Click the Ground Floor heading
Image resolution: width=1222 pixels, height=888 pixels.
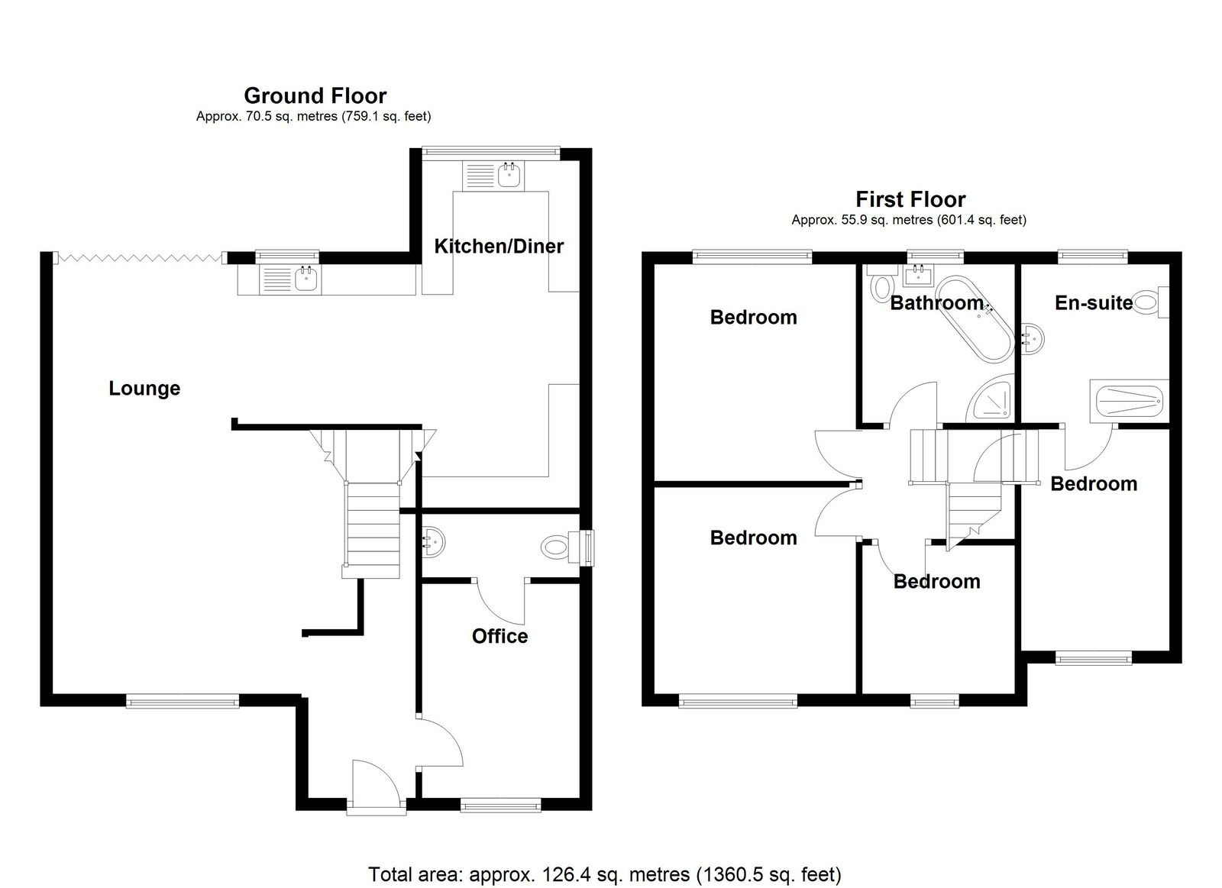pos(315,96)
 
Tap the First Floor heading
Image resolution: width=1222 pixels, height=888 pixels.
pos(910,199)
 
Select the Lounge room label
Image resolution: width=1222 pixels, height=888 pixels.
pos(144,389)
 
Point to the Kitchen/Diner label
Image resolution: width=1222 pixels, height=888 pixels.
pos(499,247)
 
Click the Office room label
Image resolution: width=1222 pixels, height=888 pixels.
pos(499,637)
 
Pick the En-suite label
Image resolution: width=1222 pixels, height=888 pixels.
pos(1093,302)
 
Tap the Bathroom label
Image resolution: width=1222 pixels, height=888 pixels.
pos(936,302)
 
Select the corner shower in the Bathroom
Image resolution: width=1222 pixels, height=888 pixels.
pos(990,399)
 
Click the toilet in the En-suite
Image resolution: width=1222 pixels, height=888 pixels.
pos(1152,302)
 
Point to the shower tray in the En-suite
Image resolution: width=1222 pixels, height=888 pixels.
pos(1129,401)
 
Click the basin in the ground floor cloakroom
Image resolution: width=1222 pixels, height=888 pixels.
pos(434,542)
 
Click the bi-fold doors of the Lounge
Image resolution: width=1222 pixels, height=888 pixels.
pos(140,257)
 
